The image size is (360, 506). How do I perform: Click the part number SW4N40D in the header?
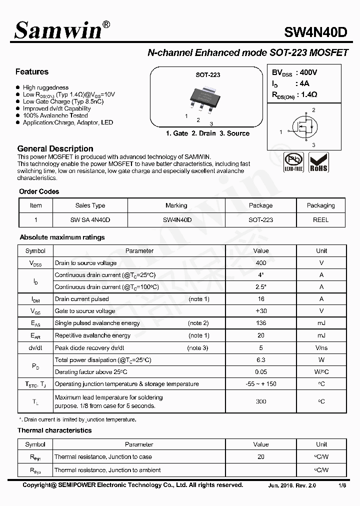[x=315, y=32]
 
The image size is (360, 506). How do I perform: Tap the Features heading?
[x=32, y=72]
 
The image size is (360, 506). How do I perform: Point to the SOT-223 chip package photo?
[x=205, y=99]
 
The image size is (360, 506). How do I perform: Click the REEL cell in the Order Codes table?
[x=320, y=219]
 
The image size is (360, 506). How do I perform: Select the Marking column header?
[x=176, y=205]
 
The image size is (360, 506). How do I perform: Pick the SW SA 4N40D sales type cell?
[x=90, y=219]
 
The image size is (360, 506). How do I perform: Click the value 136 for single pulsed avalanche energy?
[x=260, y=323]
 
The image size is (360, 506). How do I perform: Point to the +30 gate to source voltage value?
[x=260, y=311]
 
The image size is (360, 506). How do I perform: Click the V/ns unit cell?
[x=321, y=347]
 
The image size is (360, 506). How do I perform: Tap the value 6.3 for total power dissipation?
[x=260, y=360]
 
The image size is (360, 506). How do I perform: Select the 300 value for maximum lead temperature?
[x=260, y=401]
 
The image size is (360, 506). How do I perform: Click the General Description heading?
[x=55, y=148]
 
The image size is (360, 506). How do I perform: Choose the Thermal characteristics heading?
[x=54, y=430]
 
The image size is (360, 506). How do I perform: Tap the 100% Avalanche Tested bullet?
[x=55, y=115]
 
